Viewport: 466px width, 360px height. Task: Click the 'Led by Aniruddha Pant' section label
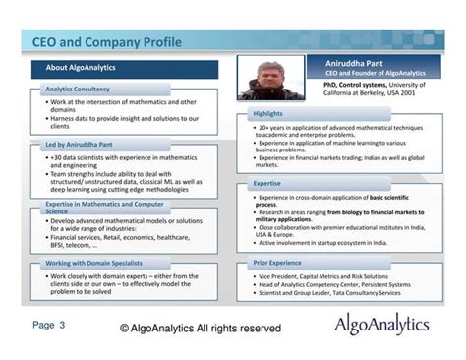(x=81, y=145)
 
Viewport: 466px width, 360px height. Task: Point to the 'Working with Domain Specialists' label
(x=96, y=264)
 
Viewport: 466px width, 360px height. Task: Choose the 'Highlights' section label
(x=267, y=114)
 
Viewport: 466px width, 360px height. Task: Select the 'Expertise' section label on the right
(x=267, y=183)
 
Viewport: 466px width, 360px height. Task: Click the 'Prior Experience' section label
(x=277, y=264)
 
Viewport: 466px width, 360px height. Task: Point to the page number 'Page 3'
(x=48, y=324)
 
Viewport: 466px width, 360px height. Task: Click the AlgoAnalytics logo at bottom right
(x=381, y=324)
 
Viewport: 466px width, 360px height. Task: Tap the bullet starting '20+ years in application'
(x=339, y=128)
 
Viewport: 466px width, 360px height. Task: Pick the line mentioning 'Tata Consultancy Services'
(x=329, y=292)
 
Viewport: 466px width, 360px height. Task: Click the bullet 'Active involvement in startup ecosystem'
(x=322, y=242)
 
